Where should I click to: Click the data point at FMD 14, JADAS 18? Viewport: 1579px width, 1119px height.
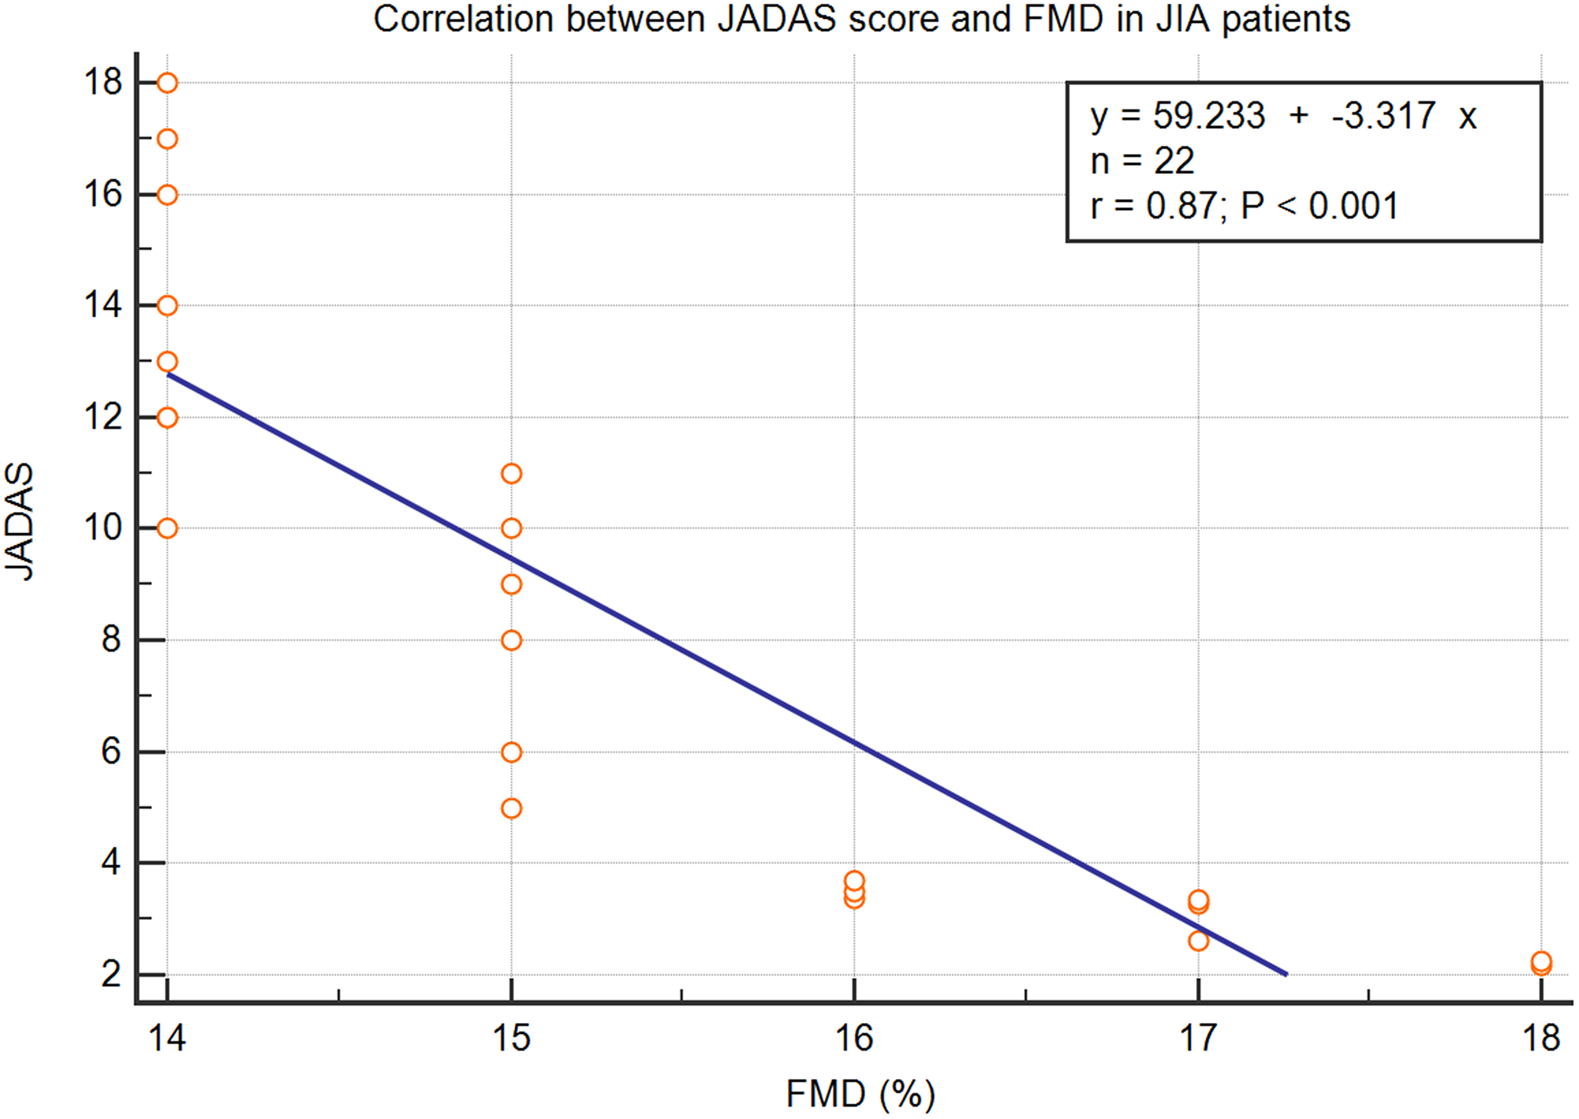[167, 83]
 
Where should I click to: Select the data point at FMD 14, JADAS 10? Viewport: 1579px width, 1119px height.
[167, 528]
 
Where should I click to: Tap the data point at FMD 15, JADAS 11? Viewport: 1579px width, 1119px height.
[511, 473]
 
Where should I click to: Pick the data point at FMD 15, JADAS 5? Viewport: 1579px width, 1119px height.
[511, 808]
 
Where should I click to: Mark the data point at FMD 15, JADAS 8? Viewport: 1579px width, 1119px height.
[511, 640]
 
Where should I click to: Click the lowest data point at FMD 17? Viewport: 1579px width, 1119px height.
[1198, 940]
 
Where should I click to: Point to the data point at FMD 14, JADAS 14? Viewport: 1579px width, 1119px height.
[167, 305]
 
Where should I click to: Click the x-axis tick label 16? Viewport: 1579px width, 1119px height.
[854, 1039]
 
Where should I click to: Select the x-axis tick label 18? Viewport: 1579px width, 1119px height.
[1541, 1039]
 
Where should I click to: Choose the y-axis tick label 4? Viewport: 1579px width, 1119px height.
[111, 863]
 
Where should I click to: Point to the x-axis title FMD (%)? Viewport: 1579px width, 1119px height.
[860, 1094]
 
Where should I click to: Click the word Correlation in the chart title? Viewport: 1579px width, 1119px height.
[462, 19]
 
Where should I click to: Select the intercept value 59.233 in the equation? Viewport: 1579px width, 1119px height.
[1209, 116]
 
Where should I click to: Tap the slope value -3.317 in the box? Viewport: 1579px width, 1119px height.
[1383, 116]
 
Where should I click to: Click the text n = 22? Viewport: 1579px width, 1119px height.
[1142, 161]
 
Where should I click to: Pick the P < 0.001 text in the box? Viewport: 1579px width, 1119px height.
[1320, 206]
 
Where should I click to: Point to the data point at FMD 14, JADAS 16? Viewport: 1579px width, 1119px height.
[167, 194]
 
